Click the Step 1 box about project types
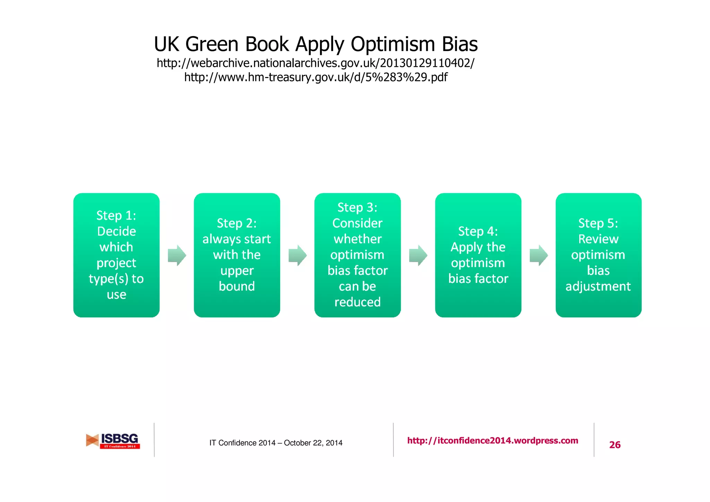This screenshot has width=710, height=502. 116,255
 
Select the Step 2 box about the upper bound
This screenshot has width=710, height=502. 237,255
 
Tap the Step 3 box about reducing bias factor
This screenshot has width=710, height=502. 357,255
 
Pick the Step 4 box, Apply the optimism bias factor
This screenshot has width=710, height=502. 478,255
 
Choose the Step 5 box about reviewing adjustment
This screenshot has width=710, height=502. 598,255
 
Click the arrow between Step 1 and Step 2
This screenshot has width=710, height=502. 177,256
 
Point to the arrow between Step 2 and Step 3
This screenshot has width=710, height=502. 297,256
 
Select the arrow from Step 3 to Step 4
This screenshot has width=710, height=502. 418,256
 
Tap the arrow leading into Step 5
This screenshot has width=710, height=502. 539,256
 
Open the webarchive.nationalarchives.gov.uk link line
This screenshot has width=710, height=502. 315,63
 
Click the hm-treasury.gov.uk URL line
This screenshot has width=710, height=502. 315,77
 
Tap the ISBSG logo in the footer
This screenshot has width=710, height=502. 113,441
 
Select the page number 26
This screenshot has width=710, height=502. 615,445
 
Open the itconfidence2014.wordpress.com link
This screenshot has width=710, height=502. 493,441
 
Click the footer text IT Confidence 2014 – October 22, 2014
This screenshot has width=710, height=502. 276,443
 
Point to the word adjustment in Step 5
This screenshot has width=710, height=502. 598,287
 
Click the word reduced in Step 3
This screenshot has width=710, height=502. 357,302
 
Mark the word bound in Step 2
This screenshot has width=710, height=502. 237,286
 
